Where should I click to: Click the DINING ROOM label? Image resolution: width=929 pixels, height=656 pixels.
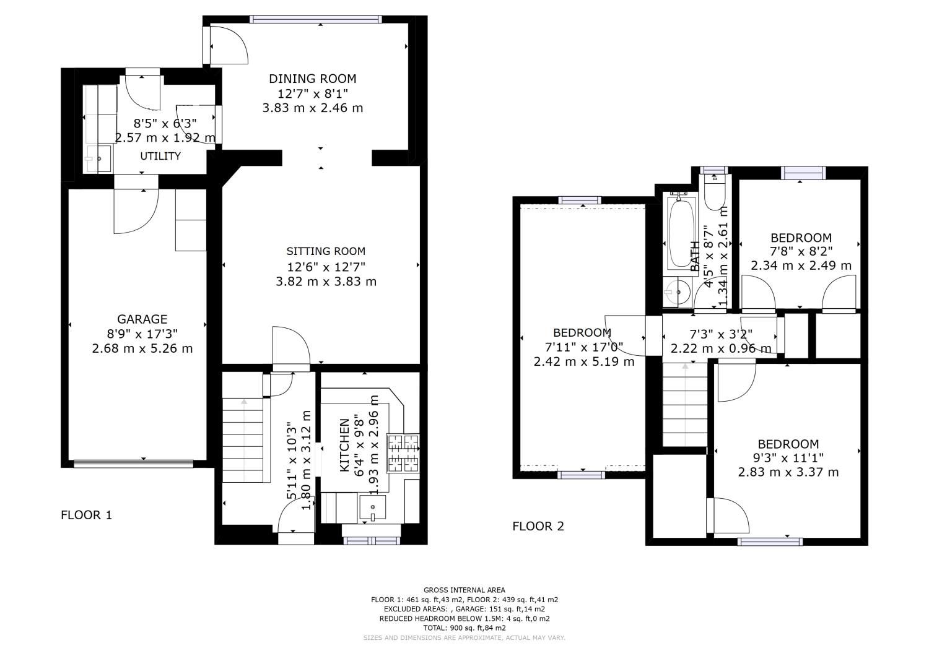click(x=312, y=79)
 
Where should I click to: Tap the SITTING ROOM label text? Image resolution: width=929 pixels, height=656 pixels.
click(x=326, y=251)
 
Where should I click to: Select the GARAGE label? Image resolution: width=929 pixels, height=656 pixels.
click(x=142, y=319)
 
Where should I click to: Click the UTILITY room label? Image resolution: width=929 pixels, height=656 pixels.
click(x=160, y=156)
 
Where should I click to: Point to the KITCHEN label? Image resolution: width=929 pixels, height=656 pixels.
click(x=345, y=446)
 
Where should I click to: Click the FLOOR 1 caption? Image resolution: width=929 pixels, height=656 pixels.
click(x=86, y=515)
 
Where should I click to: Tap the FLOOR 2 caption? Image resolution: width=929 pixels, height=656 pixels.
click(x=538, y=527)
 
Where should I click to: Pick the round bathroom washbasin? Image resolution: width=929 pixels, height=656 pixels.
click(x=677, y=291)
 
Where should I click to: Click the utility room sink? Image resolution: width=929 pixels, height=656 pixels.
click(x=98, y=159)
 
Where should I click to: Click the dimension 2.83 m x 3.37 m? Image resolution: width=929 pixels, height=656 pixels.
click(x=788, y=472)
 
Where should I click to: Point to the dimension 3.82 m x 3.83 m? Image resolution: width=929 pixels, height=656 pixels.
click(x=326, y=282)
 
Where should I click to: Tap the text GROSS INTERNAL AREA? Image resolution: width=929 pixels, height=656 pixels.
click(x=464, y=590)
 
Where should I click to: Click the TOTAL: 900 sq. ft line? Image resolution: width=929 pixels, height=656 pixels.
click(x=464, y=628)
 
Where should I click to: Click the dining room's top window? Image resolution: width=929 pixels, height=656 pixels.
click(x=315, y=19)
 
